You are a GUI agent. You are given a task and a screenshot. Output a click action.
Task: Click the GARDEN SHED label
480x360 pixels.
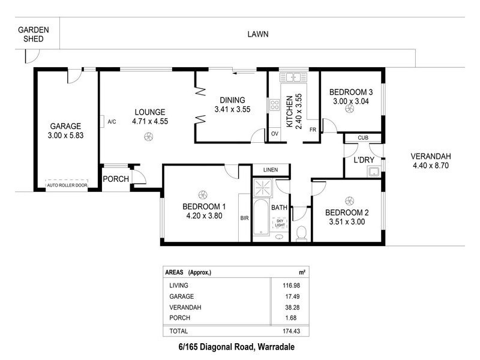coord(29,34)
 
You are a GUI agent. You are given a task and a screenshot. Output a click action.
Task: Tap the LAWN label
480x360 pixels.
coord(258,34)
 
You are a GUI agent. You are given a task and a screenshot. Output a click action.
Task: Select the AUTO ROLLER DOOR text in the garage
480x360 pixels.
coord(67,185)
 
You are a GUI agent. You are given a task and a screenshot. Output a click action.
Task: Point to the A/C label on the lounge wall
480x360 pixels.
coord(112,122)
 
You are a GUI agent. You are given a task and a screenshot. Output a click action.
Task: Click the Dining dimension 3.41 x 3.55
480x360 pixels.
coord(232,109)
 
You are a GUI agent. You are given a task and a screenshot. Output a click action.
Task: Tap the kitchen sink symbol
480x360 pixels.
coord(293,76)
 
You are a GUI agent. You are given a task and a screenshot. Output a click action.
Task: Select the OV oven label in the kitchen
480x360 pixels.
coord(275,133)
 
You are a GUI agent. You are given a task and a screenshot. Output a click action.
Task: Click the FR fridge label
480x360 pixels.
coord(313,130)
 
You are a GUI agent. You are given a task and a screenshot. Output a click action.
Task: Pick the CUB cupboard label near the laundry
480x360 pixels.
coord(362,138)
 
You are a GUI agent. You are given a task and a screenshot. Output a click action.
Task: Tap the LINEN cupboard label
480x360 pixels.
coord(270,170)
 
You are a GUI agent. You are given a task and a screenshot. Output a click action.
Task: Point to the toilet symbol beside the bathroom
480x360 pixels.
coord(301,232)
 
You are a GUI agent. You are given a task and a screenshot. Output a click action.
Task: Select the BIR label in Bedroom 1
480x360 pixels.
coord(244,218)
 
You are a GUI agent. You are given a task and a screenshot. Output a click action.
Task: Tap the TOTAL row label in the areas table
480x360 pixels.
coord(179,331)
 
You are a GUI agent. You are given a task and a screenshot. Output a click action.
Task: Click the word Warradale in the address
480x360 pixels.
coord(273,347)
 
